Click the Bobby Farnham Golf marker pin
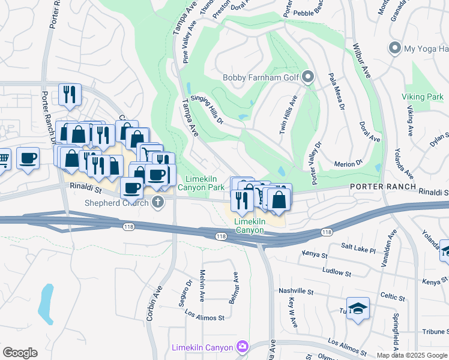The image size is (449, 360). coord(308,77)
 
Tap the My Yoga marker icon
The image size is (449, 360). coord(395,48)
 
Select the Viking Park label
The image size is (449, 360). coord(423,97)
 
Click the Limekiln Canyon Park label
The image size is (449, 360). coord(205,184)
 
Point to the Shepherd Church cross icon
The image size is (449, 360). coord(158,202)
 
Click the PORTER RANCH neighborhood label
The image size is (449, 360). coord(383,187)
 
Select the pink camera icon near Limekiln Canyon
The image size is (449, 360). coord(242,346)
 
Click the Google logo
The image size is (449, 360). coord(20,353)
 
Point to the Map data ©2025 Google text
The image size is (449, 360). coord(411,355)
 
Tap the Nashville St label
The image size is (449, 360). coord(297,291)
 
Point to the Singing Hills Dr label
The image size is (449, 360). coord(207,109)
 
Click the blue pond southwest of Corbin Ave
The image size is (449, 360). coord(46,302)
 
